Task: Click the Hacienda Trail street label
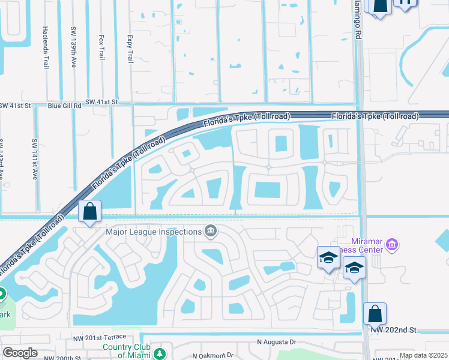coord(46,47)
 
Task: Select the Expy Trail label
coord(130,48)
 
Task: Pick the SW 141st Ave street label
coord(34,157)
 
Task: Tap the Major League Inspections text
coord(153,232)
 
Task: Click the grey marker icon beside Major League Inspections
coord(210,230)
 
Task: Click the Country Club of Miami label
coord(125,351)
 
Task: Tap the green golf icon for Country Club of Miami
coord(160,353)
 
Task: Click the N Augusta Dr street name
coord(277,343)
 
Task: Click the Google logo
coord(20,352)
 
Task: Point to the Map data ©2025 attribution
coord(423,355)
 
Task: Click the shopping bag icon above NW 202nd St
coord(375,314)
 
